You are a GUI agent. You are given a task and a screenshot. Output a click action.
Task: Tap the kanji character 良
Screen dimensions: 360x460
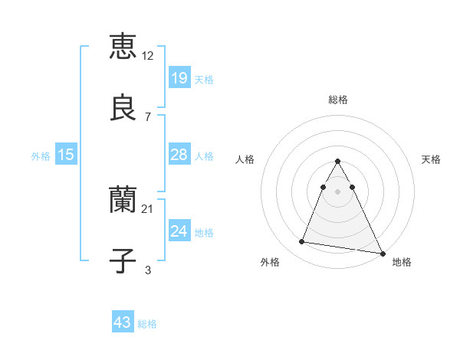coord(123,106)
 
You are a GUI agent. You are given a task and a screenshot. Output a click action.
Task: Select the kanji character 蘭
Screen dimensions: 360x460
coord(123,200)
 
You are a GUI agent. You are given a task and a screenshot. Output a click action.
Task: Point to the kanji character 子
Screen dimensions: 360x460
coord(123,260)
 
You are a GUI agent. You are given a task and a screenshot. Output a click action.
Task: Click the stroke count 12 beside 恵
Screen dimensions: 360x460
coord(149,56)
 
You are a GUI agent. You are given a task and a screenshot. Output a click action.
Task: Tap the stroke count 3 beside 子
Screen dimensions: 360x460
coord(148,270)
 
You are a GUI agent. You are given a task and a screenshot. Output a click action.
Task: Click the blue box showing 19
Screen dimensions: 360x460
coord(179,77)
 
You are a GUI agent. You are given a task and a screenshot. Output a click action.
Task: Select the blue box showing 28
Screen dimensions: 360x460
coord(179,155)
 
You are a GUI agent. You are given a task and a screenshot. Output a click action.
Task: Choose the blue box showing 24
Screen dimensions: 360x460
coord(179,231)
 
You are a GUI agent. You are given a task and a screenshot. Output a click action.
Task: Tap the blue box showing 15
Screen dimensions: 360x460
coord(66,155)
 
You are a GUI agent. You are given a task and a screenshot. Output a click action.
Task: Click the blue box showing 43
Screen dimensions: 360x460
coord(123,322)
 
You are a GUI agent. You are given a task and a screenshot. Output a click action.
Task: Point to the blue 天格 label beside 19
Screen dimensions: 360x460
coord(204,80)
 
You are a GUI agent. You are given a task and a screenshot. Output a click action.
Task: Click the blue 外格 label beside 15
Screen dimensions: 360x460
coord(41,156)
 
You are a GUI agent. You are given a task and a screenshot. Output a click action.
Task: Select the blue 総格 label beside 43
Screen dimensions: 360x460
coord(147,324)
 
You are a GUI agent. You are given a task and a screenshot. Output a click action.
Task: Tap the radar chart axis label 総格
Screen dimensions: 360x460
coord(338,100)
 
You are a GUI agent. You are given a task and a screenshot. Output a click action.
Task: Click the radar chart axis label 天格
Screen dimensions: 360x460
coord(432,159)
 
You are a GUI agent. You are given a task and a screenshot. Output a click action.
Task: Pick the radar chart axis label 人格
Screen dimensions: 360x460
coord(245,159)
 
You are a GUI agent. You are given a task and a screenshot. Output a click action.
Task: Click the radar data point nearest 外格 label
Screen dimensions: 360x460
coord(301,242)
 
